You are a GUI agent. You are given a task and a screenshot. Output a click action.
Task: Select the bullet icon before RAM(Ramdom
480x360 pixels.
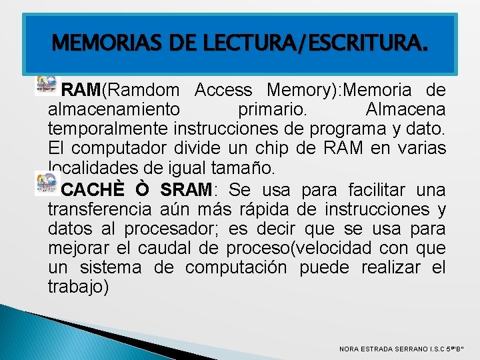click(45, 85)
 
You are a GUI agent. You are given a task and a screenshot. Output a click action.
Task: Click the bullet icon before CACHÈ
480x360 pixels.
click(45, 182)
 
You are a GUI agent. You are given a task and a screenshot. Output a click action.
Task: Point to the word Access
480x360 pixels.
click(224, 90)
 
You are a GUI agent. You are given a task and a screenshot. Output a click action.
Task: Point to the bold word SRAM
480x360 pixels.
click(185, 190)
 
